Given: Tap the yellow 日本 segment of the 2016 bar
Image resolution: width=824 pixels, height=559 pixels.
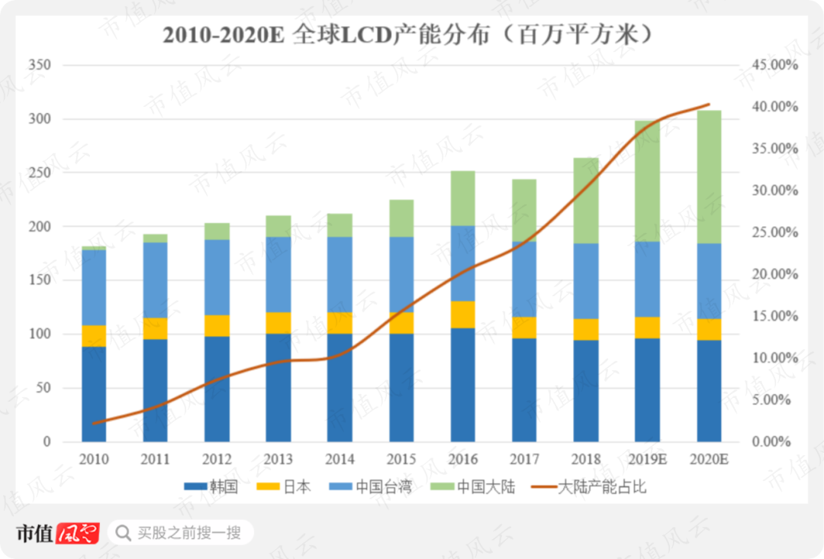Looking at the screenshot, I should tap(462, 315).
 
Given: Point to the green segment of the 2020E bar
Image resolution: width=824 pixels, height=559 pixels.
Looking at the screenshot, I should tap(709, 177).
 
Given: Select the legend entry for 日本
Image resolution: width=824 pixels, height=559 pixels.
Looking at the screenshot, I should tap(283, 486).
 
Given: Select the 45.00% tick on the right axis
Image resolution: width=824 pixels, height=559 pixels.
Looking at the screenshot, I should tap(773, 66).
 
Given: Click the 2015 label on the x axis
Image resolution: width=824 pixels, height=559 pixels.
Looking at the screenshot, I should tap(401, 460).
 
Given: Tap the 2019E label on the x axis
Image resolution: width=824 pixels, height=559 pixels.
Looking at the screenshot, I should tap(647, 460).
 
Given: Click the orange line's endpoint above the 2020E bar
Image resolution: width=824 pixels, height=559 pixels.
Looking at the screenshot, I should tap(710, 104).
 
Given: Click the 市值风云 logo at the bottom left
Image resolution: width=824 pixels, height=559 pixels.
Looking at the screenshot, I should tap(58, 532).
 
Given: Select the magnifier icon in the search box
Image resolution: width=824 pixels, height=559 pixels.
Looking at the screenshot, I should tap(123, 532).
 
